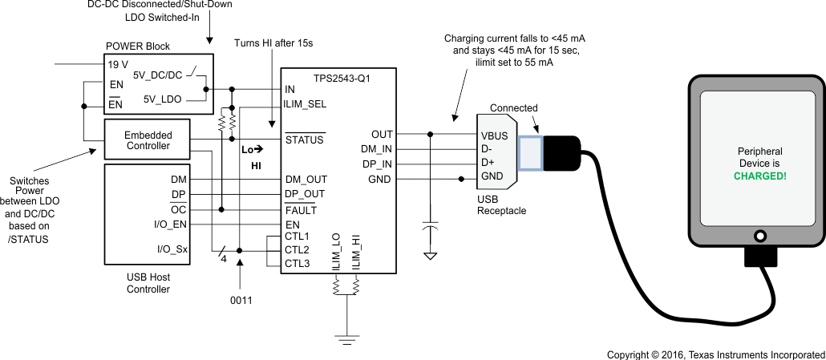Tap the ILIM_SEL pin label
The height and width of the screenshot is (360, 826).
[x=306, y=103]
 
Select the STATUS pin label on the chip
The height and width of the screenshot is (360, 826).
[x=305, y=140]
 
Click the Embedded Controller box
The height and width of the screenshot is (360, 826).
[x=148, y=140]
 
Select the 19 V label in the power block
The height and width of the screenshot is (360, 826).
[x=119, y=63]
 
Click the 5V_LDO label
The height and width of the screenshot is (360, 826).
[x=162, y=99]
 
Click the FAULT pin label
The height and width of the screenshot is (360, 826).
[x=301, y=210]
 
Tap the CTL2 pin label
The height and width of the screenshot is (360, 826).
[x=297, y=249]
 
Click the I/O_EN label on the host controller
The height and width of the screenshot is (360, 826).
[x=170, y=224]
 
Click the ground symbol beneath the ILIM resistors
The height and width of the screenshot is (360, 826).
[x=346, y=339]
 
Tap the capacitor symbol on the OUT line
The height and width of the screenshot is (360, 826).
[x=431, y=229]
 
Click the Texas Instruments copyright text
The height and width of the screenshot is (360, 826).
[x=715, y=354]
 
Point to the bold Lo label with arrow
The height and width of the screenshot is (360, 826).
[x=252, y=150]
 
